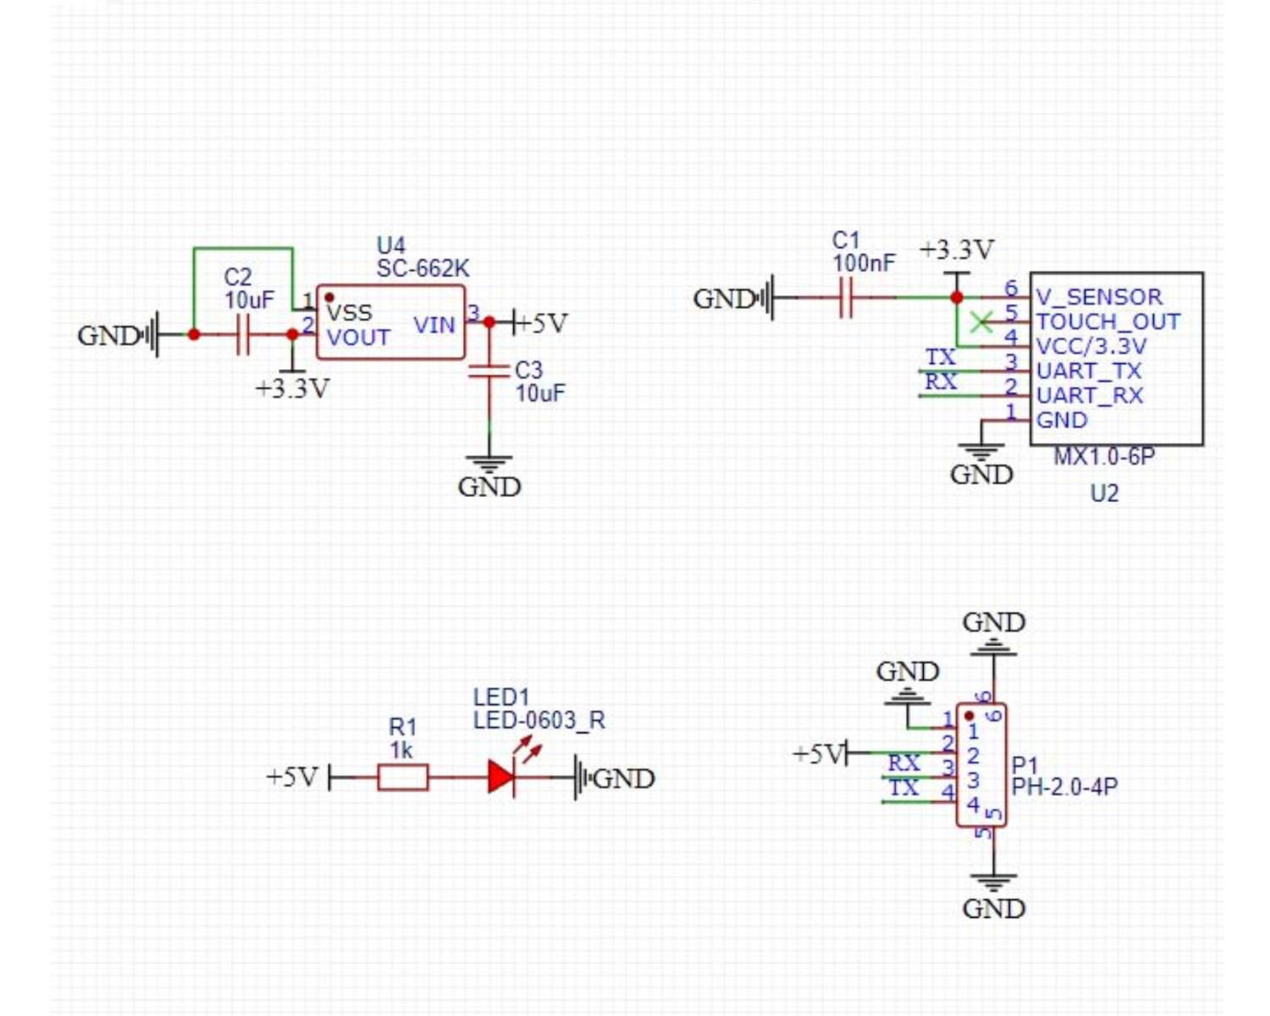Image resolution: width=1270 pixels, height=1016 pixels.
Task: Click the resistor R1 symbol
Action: (x=402, y=777)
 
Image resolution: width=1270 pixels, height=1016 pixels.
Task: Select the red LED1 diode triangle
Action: (x=501, y=777)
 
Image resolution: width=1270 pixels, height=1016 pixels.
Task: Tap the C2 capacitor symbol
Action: (x=244, y=334)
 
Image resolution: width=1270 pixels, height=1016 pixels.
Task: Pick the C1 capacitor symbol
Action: (x=846, y=298)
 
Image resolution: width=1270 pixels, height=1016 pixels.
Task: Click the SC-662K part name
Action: (x=422, y=268)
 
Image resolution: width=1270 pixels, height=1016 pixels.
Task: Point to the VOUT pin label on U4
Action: (x=358, y=338)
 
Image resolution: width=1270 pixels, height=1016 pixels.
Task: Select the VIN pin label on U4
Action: (x=434, y=325)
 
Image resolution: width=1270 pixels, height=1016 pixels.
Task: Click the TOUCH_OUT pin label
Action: (x=1107, y=322)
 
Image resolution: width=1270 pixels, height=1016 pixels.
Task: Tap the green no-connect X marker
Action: (x=980, y=322)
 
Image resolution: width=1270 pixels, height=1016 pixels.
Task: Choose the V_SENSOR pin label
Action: (x=1099, y=297)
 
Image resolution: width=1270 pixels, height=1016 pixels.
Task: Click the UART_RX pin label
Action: (x=1090, y=395)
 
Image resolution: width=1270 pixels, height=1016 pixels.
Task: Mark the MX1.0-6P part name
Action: (x=1104, y=457)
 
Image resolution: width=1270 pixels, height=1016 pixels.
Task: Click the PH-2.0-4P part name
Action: (x=1064, y=787)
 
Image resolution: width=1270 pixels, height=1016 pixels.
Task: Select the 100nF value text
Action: (x=863, y=263)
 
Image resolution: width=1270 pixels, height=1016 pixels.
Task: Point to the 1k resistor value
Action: (x=401, y=750)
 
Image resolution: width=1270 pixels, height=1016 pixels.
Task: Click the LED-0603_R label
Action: (x=538, y=721)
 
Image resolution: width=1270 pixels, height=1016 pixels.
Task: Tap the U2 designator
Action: (x=1104, y=493)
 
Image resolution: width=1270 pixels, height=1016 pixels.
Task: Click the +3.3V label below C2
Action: (x=292, y=389)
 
